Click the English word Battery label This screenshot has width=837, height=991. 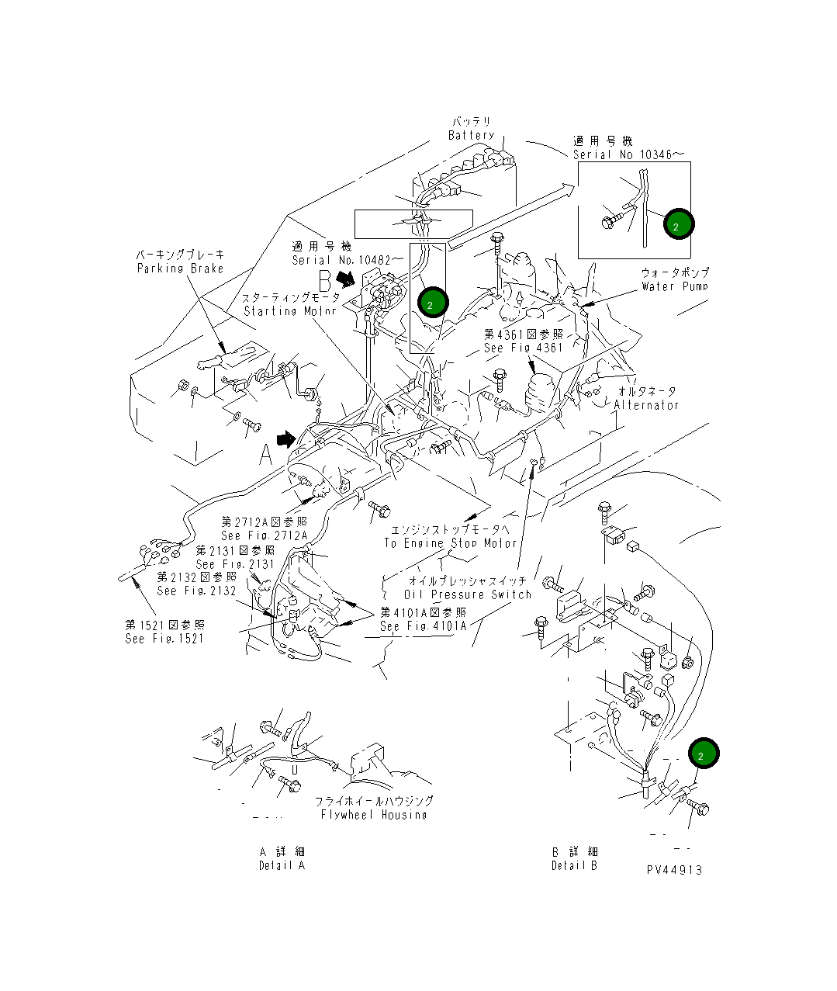(471, 135)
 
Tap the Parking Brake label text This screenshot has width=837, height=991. (180, 269)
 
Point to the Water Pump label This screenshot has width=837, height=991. (674, 286)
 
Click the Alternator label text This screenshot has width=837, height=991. (646, 405)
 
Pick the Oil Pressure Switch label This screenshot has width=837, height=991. (468, 594)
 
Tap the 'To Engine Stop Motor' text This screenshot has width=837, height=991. (450, 543)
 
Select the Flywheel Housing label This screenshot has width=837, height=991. (374, 815)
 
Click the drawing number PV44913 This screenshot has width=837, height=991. (674, 870)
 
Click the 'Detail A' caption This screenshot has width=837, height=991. (282, 865)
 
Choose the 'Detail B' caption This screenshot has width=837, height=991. (574, 865)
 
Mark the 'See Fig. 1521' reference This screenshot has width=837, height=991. (164, 638)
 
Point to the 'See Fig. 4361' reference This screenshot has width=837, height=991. (524, 348)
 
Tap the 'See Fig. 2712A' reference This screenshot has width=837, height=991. (264, 535)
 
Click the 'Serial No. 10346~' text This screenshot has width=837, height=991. (629, 154)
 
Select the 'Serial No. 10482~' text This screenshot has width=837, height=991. (348, 260)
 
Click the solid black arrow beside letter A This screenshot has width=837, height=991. (286, 440)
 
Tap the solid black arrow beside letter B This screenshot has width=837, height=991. (346, 276)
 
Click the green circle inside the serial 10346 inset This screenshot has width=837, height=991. (678, 224)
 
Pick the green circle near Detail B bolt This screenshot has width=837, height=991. (703, 754)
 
